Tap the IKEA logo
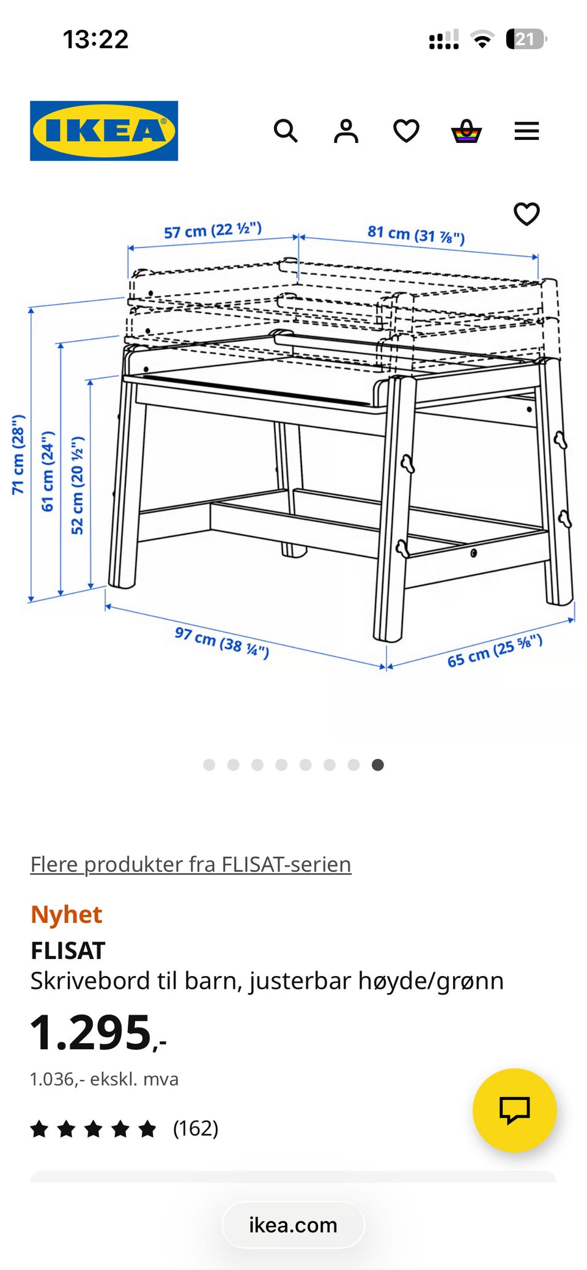pyautogui.click(x=104, y=131)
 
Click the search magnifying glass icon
pyautogui.click(x=286, y=131)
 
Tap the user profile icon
pyautogui.click(x=346, y=131)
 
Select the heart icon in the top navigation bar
pyautogui.click(x=406, y=131)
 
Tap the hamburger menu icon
pyautogui.click(x=526, y=131)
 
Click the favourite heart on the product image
pyautogui.click(x=526, y=214)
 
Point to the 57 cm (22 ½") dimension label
pyautogui.click(x=213, y=230)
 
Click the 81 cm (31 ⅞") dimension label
pyautogui.click(x=416, y=234)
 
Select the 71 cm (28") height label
pyautogui.click(x=18, y=454)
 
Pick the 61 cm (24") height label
pyautogui.click(x=48, y=471)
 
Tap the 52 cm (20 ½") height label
pyautogui.click(x=77, y=485)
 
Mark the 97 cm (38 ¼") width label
pyautogui.click(x=221, y=642)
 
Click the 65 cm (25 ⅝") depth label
pyautogui.click(x=495, y=651)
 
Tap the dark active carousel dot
pyautogui.click(x=378, y=765)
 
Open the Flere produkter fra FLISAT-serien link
pyautogui.click(x=191, y=864)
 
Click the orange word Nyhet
pyautogui.click(x=66, y=914)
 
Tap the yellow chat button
pyautogui.click(x=514, y=1110)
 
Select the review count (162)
pyautogui.click(x=196, y=1128)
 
